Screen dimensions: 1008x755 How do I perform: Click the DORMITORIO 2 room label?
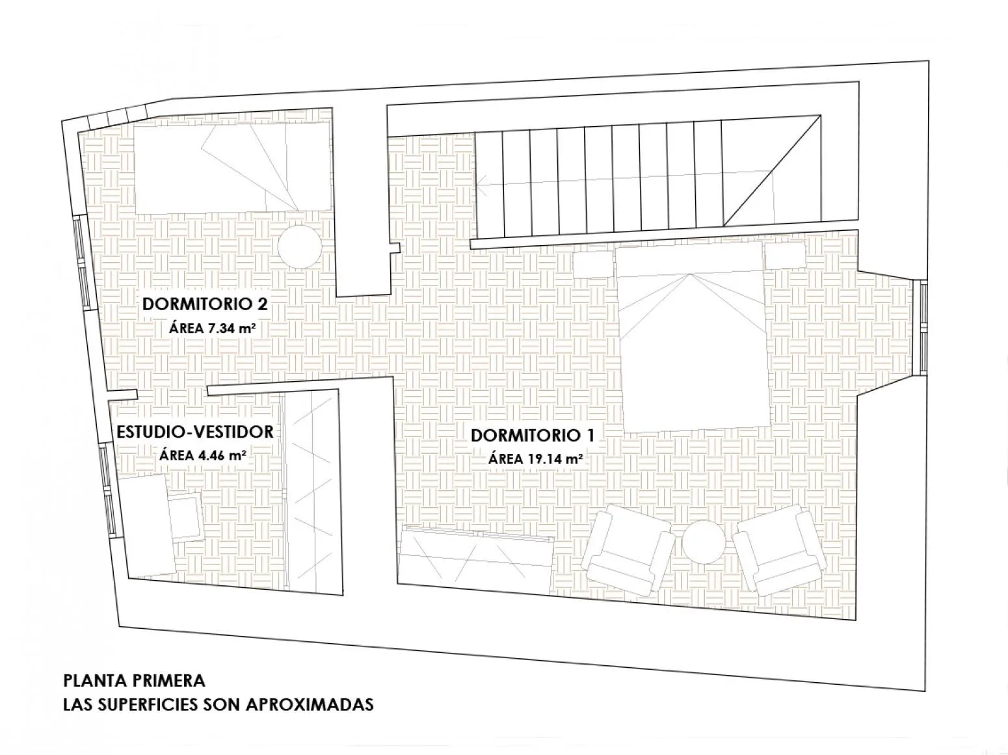coord(205,304)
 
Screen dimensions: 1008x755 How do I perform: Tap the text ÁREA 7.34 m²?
coord(212,328)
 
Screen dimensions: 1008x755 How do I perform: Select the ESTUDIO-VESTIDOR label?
coord(195,432)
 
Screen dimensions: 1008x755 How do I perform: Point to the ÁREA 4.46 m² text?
coord(202,456)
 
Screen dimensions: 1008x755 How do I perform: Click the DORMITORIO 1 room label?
coord(533,435)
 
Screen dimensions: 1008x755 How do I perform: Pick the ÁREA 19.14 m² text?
coord(536,458)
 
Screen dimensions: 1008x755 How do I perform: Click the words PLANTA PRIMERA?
coord(134,681)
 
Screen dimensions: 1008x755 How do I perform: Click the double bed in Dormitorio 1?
coord(693,340)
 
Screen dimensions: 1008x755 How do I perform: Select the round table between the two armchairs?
coord(704,542)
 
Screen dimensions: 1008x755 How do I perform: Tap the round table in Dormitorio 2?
coord(300,246)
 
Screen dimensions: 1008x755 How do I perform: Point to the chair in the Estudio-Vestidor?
coord(185,516)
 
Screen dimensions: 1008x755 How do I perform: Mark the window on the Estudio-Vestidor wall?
coord(109,490)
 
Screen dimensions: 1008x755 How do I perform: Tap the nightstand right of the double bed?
coord(786,256)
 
